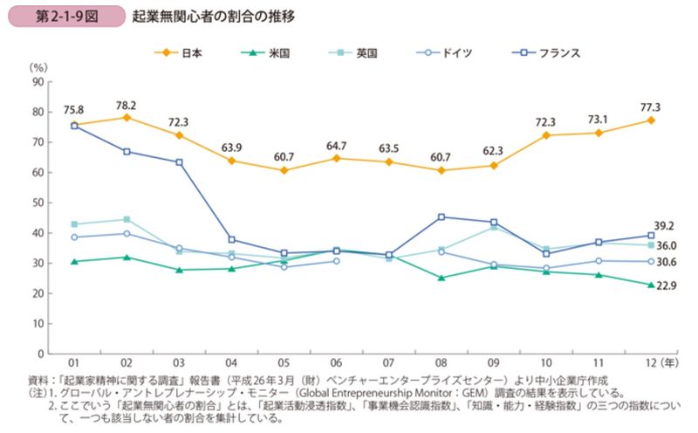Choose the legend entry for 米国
(x=268, y=52)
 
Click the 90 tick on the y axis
(x=38, y=82)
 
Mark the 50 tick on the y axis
(x=38, y=203)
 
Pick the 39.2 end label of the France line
(x=666, y=223)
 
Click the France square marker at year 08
(x=441, y=216)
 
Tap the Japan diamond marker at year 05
(x=284, y=170)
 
